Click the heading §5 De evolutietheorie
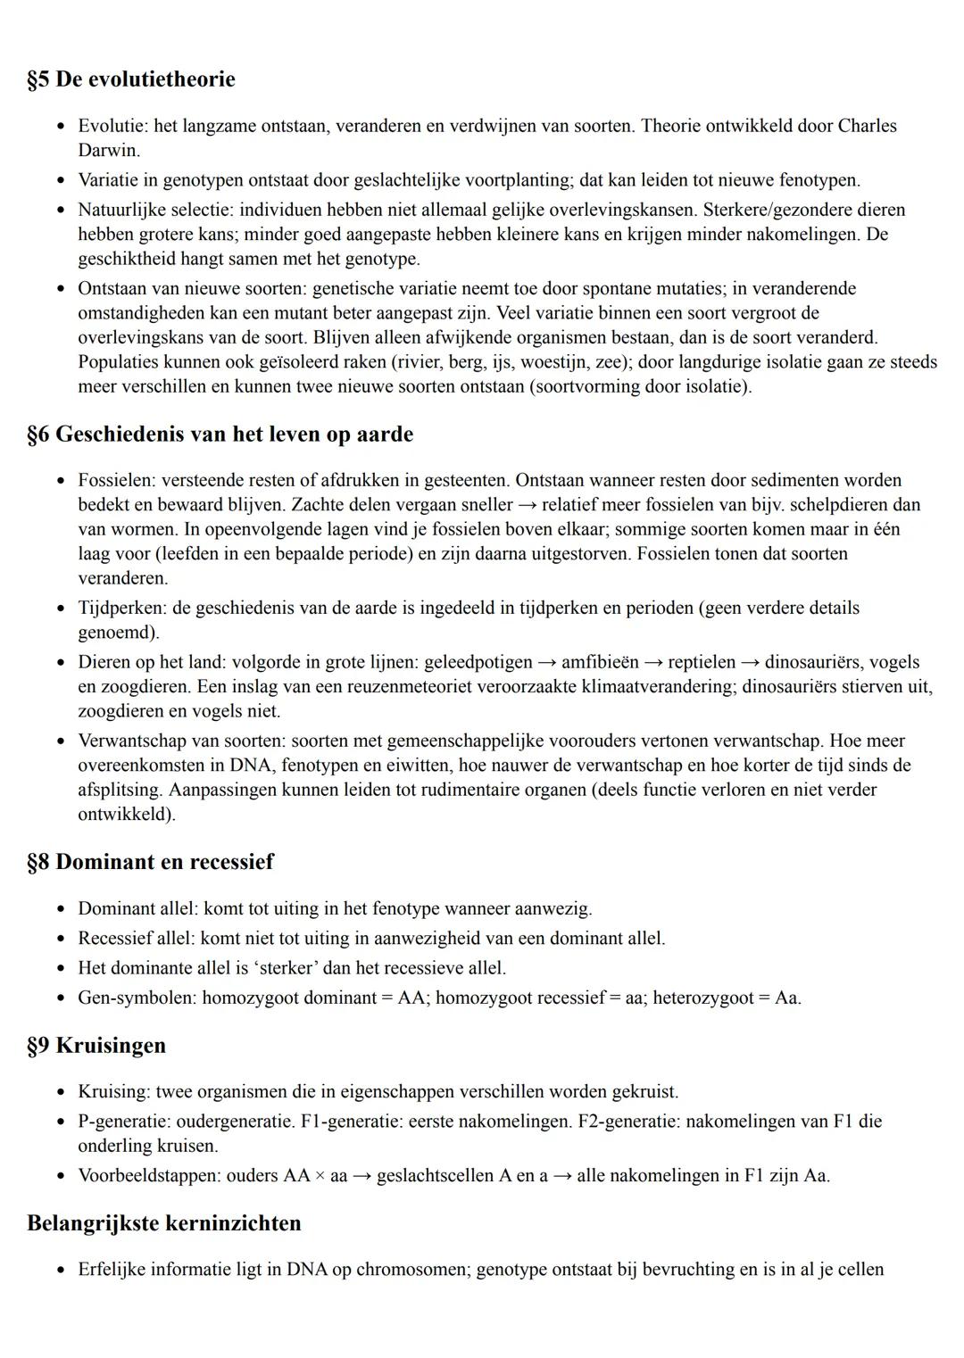tap(131, 79)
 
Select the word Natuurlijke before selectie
tap(119, 210)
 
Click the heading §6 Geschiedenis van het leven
tap(220, 435)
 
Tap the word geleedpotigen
tap(478, 663)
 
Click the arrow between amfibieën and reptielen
tap(653, 663)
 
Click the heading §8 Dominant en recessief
tap(150, 862)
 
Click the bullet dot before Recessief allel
tap(61, 939)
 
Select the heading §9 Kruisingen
tap(96, 1045)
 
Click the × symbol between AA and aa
tap(320, 1176)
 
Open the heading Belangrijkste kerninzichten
tap(164, 1222)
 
